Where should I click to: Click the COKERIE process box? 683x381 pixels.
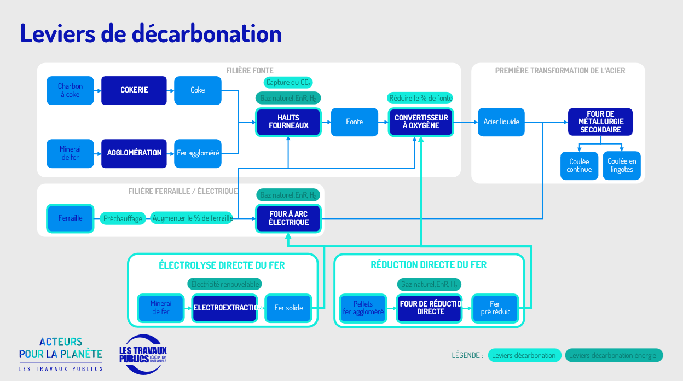click(134, 90)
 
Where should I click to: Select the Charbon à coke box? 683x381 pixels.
click(70, 90)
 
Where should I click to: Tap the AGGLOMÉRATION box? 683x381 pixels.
click(134, 153)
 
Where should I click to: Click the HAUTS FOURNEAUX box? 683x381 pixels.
click(288, 122)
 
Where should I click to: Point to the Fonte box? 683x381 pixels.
click(354, 122)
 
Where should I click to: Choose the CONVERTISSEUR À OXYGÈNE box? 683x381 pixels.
click(421, 122)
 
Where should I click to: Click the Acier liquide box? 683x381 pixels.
click(501, 122)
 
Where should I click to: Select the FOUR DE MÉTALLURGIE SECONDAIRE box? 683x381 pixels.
click(600, 122)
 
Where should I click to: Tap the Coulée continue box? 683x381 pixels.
click(579, 165)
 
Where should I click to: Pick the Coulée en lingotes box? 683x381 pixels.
click(622, 165)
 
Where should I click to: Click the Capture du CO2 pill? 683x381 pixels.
click(288, 83)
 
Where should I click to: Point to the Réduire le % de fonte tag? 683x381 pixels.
click(421, 99)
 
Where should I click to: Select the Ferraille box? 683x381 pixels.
click(70, 218)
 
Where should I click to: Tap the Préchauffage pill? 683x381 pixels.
click(123, 218)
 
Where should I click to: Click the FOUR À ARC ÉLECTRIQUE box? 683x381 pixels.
click(288, 218)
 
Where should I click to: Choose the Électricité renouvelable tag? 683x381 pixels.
click(225, 284)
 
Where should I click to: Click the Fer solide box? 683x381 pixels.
click(288, 308)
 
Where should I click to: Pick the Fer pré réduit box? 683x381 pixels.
click(494, 308)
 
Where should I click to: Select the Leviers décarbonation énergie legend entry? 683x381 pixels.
click(613, 355)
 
